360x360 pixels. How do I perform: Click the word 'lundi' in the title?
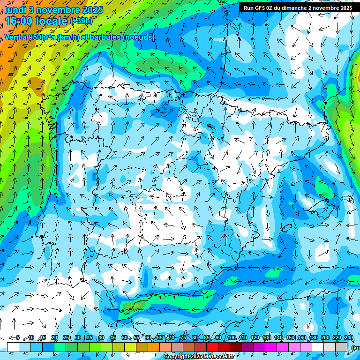(15, 9)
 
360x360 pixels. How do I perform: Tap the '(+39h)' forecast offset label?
(81, 21)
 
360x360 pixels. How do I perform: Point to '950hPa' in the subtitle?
(41, 37)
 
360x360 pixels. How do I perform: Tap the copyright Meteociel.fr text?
(199, 357)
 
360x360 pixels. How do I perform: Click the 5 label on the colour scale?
(18, 338)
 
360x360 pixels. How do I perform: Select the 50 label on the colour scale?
(124, 338)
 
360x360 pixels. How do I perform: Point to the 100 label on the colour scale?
(231, 338)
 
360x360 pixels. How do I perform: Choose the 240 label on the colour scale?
(349, 338)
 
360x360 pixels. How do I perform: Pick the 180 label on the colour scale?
(314, 338)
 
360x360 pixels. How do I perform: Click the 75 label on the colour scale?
(183, 338)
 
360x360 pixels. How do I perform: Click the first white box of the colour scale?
(13, 346)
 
